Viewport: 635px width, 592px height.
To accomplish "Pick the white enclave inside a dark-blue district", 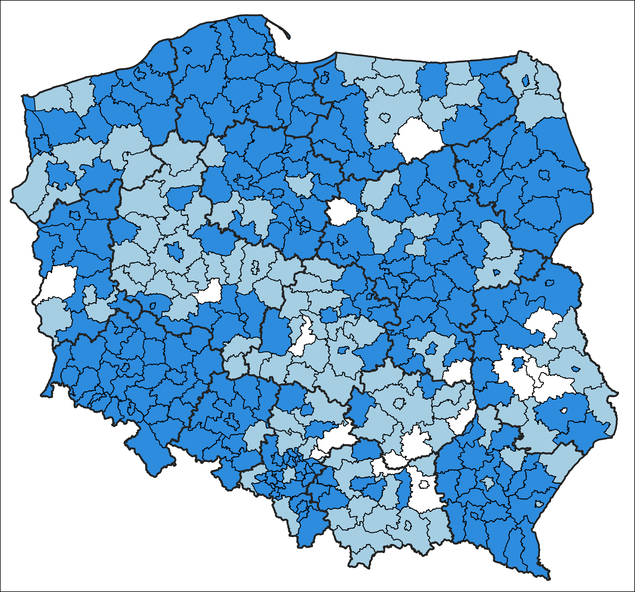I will click(x=564, y=411).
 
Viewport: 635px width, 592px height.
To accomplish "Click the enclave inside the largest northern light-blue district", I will click(x=385, y=118).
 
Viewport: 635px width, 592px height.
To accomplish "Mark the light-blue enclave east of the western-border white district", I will click(x=90, y=294).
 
